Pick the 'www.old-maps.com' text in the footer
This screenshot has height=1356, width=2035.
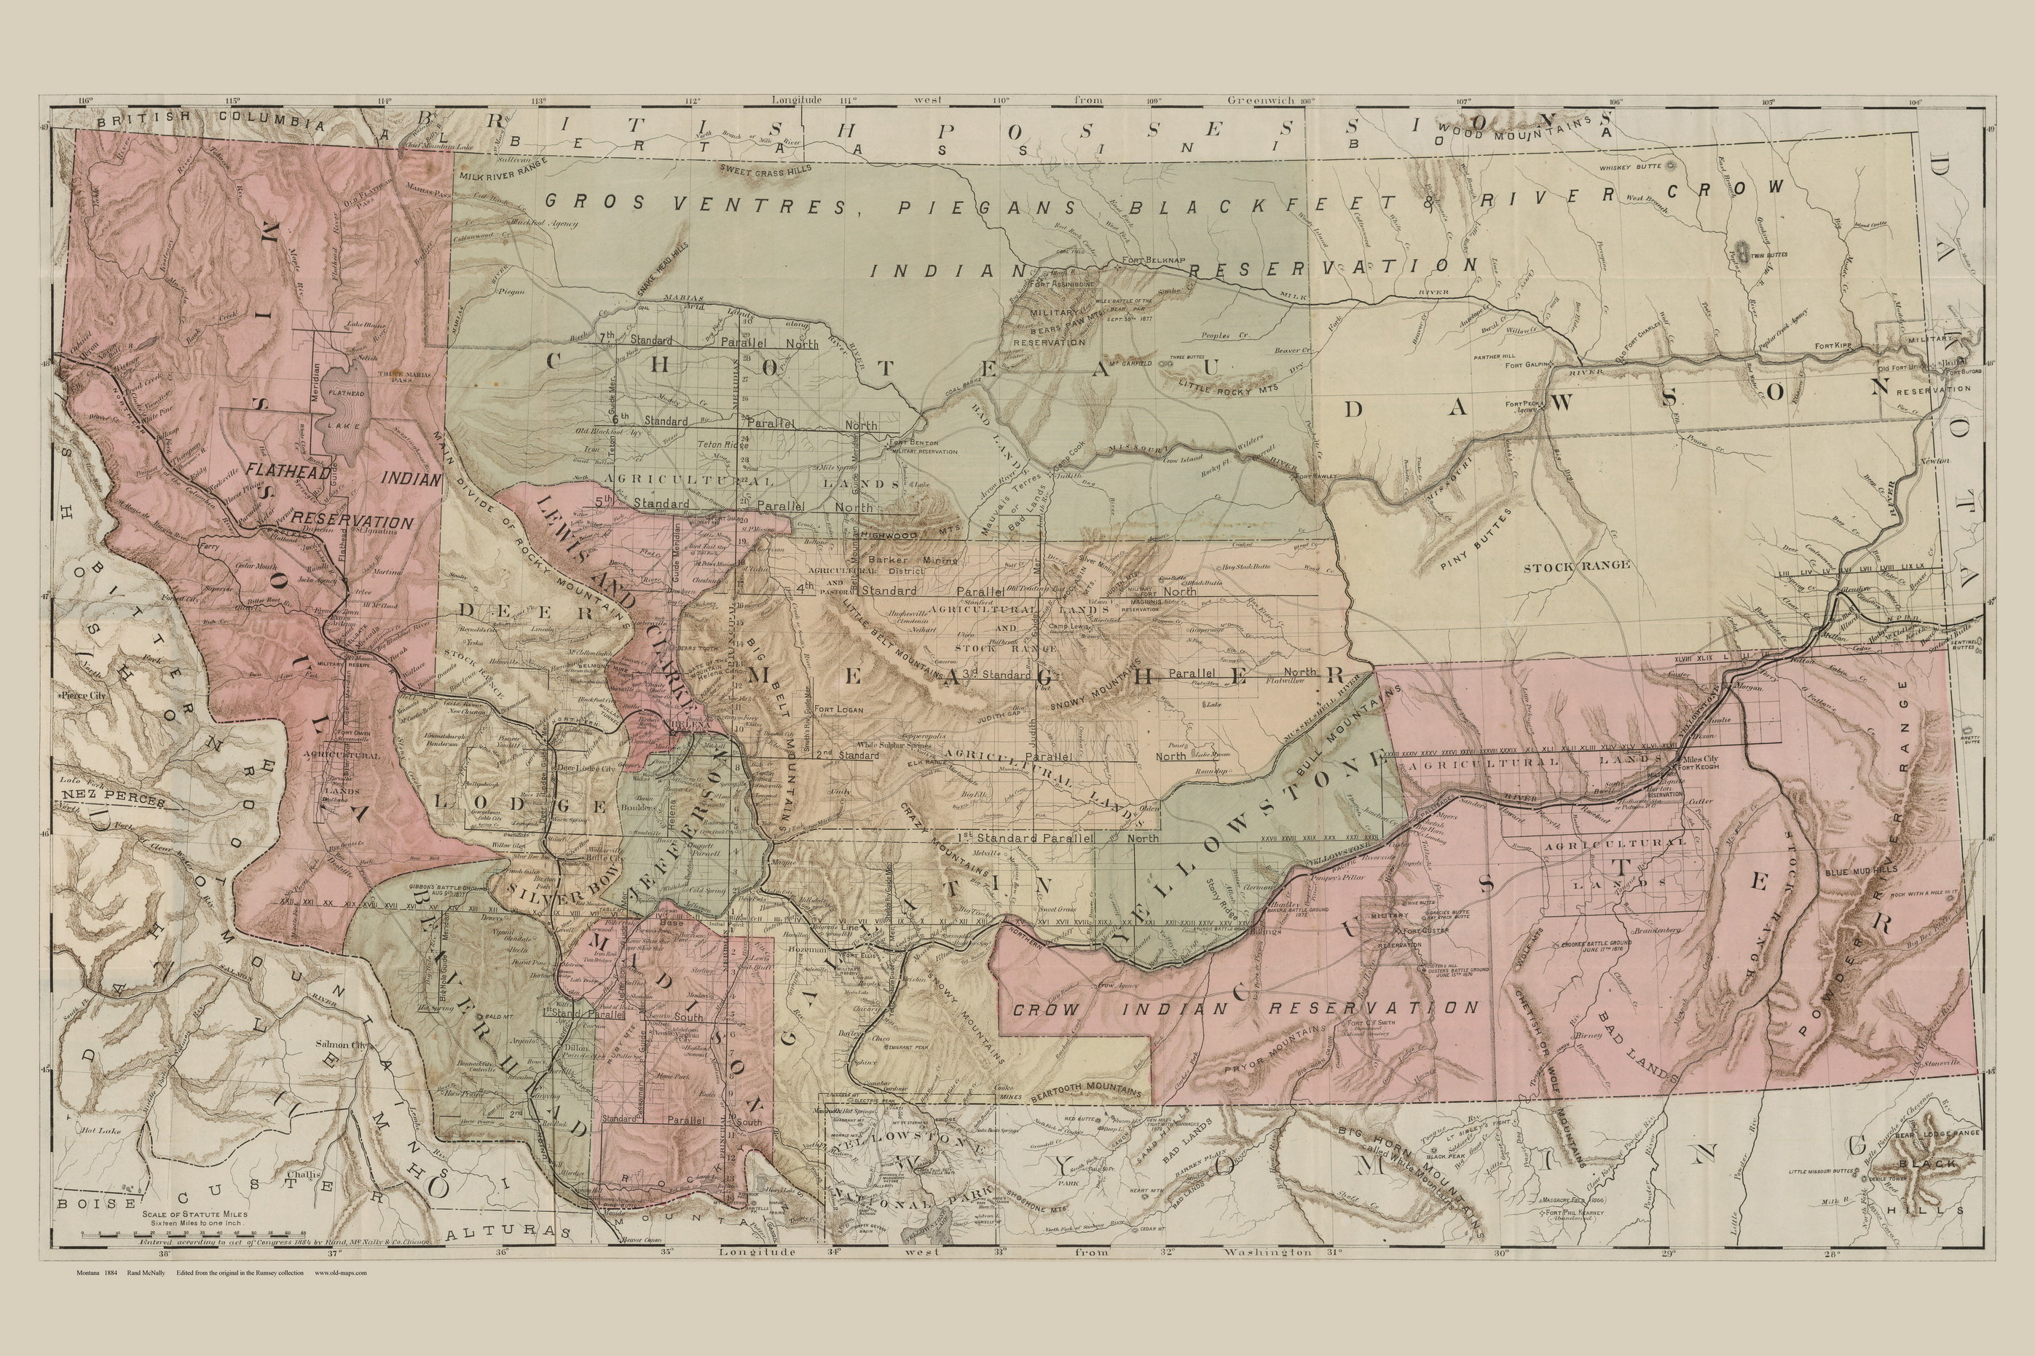pos(341,1272)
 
